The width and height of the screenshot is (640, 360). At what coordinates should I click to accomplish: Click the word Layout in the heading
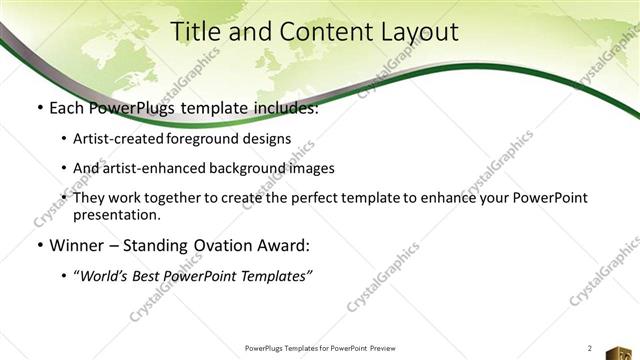(x=424, y=32)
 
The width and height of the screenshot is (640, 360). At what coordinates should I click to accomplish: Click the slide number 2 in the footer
(x=590, y=347)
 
